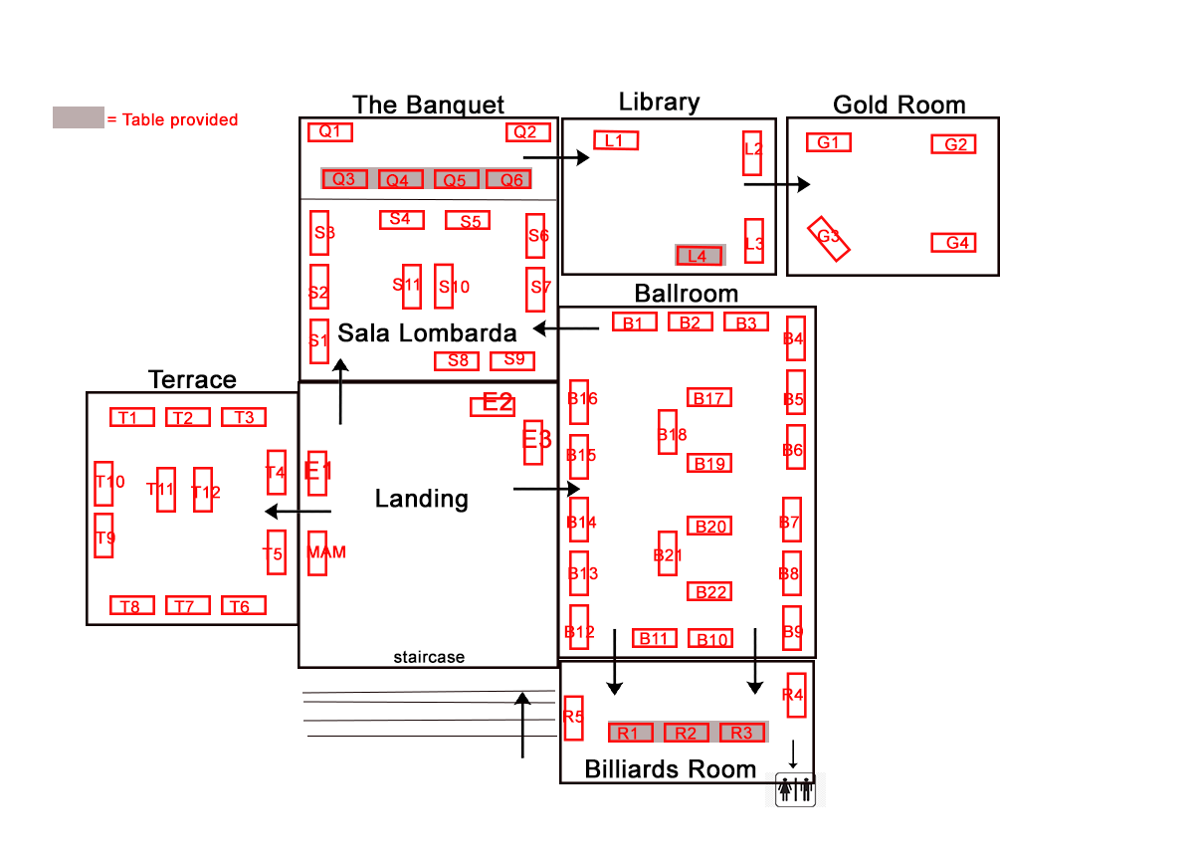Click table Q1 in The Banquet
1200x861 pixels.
coord(330,132)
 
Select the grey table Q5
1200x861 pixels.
coord(456,179)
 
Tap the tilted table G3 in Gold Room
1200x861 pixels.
coord(828,239)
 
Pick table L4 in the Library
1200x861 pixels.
coord(700,256)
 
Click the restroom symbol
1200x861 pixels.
coord(796,789)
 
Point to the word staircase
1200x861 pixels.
coord(429,657)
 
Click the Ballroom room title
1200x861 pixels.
coord(687,294)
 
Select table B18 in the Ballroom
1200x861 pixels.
coord(668,432)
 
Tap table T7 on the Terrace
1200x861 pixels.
coord(187,605)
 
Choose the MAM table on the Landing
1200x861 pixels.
coord(317,553)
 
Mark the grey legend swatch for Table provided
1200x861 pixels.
coord(79,117)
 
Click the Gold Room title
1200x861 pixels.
coord(899,106)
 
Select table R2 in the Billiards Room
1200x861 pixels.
coord(687,733)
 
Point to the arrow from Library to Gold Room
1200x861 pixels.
coord(777,184)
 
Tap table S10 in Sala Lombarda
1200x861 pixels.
coord(444,286)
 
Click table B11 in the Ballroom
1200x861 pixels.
coord(654,638)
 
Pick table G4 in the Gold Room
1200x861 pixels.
coord(953,243)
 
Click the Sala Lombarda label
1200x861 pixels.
coord(427,333)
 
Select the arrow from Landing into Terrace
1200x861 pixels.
coord(298,512)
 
